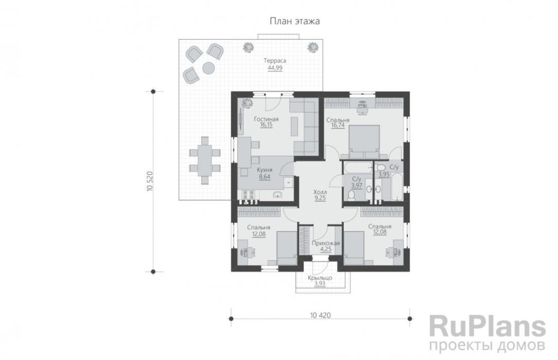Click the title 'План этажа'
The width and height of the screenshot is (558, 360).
coord(295,21)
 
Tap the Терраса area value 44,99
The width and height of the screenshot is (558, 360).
coord(275,68)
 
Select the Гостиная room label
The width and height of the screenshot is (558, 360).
coord(266,119)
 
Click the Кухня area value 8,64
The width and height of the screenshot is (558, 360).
coord(264,176)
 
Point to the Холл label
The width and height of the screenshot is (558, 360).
coord(320,192)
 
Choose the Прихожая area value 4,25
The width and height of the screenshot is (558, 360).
coord(326,249)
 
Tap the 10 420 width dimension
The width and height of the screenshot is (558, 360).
coord(320,315)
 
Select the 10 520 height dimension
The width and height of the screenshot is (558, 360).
coord(149,181)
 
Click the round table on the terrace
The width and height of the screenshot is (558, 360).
coord(208,68)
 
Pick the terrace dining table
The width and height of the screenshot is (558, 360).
coord(205,160)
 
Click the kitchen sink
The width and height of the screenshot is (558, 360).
coord(277,194)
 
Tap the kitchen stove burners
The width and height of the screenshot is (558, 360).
coord(248,194)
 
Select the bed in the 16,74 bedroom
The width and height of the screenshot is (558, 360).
coord(363,141)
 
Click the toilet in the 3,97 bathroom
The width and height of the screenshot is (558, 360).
coord(351,195)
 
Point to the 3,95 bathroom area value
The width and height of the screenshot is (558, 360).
coord(384,175)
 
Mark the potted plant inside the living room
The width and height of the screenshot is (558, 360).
coord(246,103)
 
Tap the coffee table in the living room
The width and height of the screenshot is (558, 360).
coord(294,126)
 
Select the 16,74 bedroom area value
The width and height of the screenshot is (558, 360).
coord(338,126)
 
